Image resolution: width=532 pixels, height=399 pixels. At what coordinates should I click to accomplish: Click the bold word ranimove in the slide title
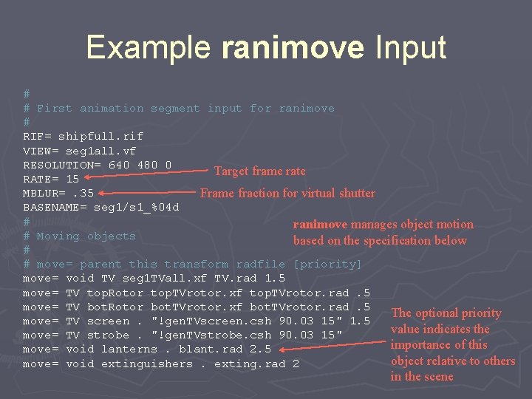[293, 48]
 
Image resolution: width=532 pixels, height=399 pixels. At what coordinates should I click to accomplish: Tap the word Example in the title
[149, 48]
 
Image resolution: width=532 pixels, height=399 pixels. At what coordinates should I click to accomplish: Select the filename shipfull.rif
[100, 136]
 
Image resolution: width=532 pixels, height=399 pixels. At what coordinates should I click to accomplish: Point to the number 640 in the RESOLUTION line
[119, 164]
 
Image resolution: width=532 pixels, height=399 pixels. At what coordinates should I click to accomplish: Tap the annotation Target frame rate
[259, 171]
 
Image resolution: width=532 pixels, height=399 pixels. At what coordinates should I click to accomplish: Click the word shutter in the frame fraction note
[357, 194]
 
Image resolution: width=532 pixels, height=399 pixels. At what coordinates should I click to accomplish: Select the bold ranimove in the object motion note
[320, 225]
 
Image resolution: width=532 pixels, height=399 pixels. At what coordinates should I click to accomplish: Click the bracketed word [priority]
[327, 264]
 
